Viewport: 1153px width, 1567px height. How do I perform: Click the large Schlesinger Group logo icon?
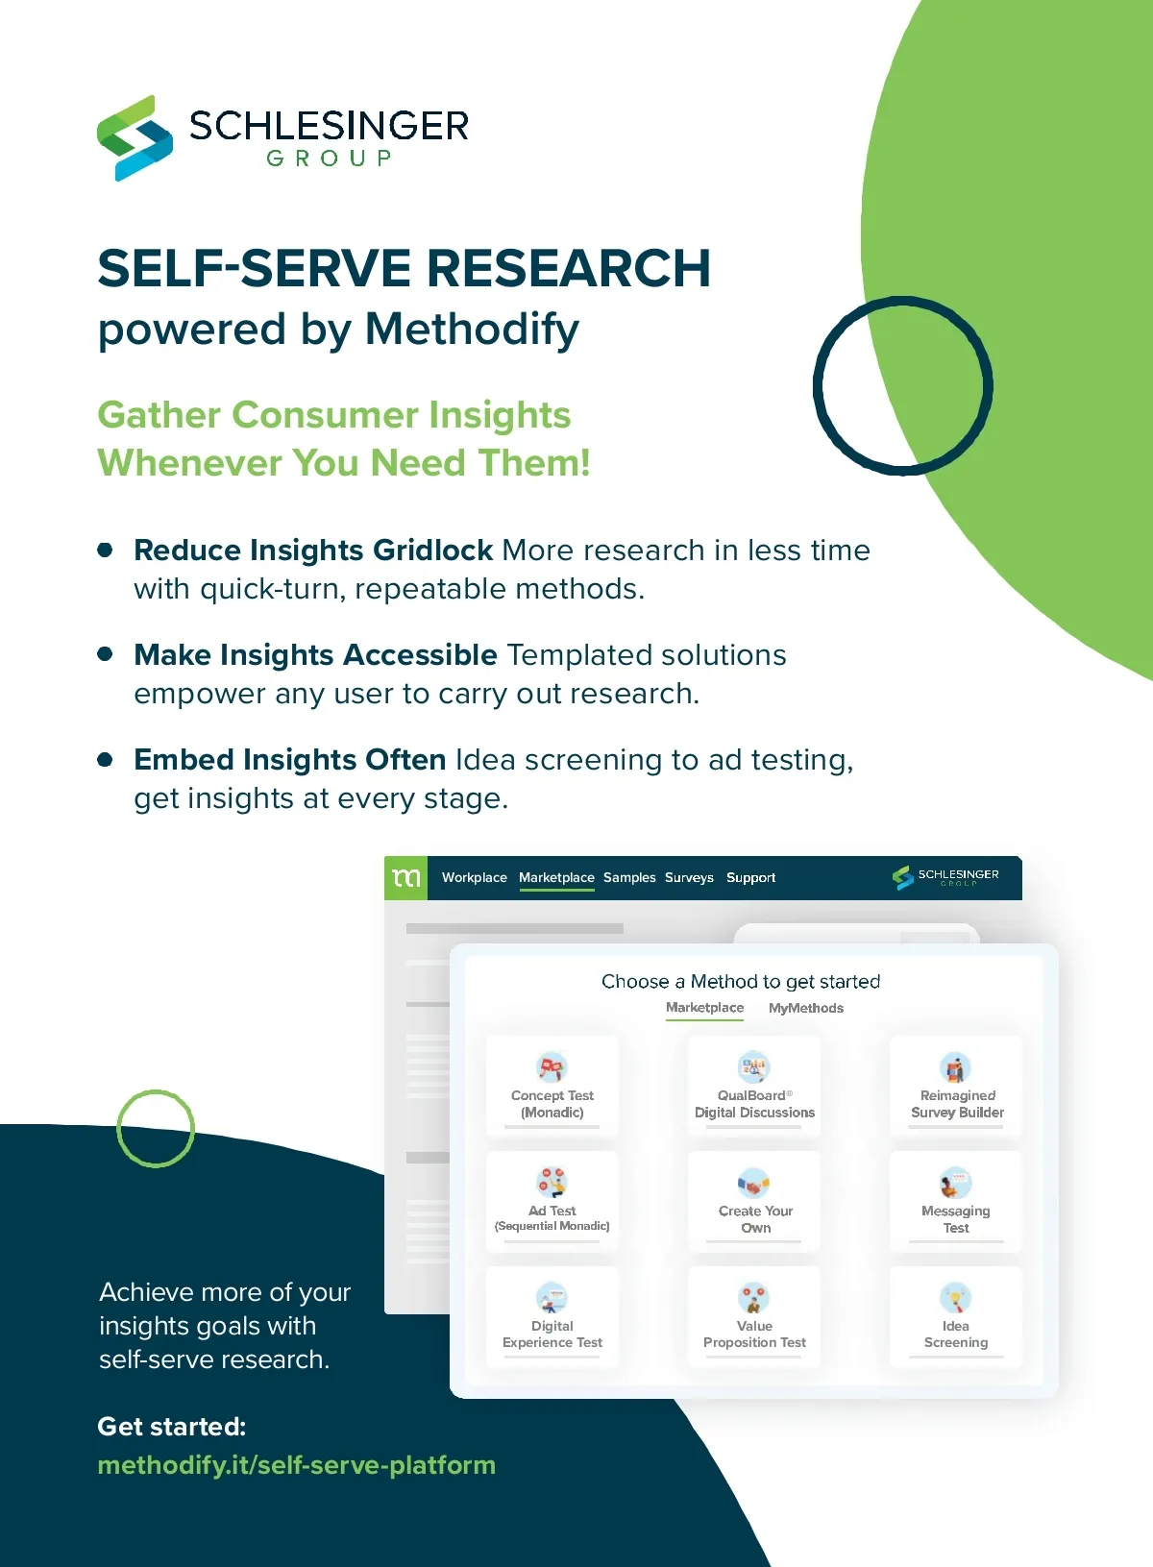pyautogui.click(x=135, y=137)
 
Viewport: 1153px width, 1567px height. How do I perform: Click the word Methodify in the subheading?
pyautogui.click(x=472, y=330)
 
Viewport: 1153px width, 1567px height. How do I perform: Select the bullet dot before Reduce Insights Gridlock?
pyautogui.click(x=106, y=551)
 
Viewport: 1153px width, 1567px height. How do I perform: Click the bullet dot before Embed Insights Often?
pyautogui.click(x=106, y=760)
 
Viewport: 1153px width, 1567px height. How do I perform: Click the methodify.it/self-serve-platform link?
pyautogui.click(x=296, y=1465)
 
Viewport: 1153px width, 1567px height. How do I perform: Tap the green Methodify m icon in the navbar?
pyautogui.click(x=406, y=878)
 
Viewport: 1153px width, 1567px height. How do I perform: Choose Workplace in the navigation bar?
pyautogui.click(x=474, y=878)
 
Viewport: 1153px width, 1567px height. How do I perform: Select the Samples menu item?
pyautogui.click(x=629, y=878)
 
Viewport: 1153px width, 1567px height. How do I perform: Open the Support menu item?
pyautogui.click(x=750, y=878)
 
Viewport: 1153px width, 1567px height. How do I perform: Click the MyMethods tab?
pyautogui.click(x=806, y=1008)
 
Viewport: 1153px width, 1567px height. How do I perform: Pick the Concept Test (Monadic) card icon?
pyautogui.click(x=552, y=1066)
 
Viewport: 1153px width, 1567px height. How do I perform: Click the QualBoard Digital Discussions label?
pyautogui.click(x=754, y=1104)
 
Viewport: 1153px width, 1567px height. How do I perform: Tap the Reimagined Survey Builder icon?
pyautogui.click(x=956, y=1066)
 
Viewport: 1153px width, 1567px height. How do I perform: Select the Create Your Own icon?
pyautogui.click(x=754, y=1183)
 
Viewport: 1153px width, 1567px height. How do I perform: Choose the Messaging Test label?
pyautogui.click(x=956, y=1219)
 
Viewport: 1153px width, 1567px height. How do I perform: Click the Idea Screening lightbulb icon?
pyautogui.click(x=956, y=1298)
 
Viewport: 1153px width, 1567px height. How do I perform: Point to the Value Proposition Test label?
pyautogui.click(x=754, y=1334)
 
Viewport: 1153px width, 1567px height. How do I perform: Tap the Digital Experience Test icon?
pyautogui.click(x=552, y=1298)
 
